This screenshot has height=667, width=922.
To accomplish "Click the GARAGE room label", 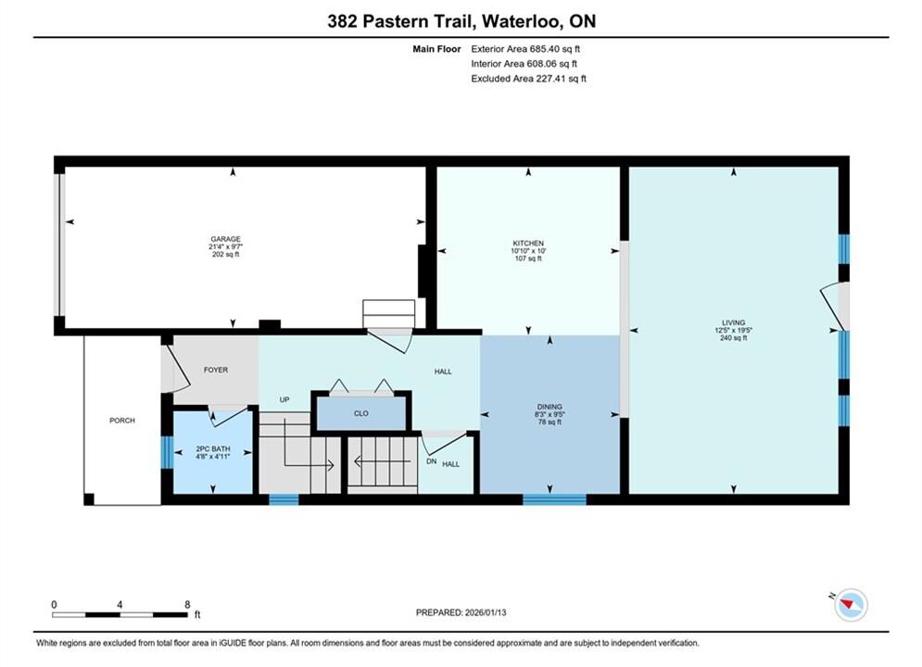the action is [226, 239].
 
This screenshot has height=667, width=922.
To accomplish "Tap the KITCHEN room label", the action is [528, 244].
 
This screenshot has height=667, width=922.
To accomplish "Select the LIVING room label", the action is [733, 322].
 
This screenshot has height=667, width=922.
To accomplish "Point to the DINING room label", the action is [549, 407].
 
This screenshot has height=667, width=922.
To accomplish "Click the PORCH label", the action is [122, 421].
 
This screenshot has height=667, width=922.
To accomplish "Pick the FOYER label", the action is [216, 370].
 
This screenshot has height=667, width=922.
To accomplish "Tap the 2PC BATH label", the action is [213, 448].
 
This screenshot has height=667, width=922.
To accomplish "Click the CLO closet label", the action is [361, 413].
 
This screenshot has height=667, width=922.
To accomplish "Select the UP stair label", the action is [284, 399].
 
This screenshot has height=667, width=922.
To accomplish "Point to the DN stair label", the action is [432, 461].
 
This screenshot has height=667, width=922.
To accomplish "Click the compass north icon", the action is [851, 604].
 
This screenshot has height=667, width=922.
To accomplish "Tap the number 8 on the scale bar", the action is [187, 604].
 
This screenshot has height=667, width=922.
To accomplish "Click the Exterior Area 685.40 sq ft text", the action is [525, 49].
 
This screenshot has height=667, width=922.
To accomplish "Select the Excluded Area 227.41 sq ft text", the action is [528, 79].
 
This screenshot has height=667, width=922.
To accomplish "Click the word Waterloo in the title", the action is [522, 21].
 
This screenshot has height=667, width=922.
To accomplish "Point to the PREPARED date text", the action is [461, 612].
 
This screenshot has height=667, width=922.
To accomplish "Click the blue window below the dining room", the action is [554, 499].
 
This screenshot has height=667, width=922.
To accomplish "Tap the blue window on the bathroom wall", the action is [168, 452].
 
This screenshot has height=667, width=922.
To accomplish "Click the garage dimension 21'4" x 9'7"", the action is [226, 246].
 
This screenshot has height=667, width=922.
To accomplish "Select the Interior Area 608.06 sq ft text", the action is [524, 64].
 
